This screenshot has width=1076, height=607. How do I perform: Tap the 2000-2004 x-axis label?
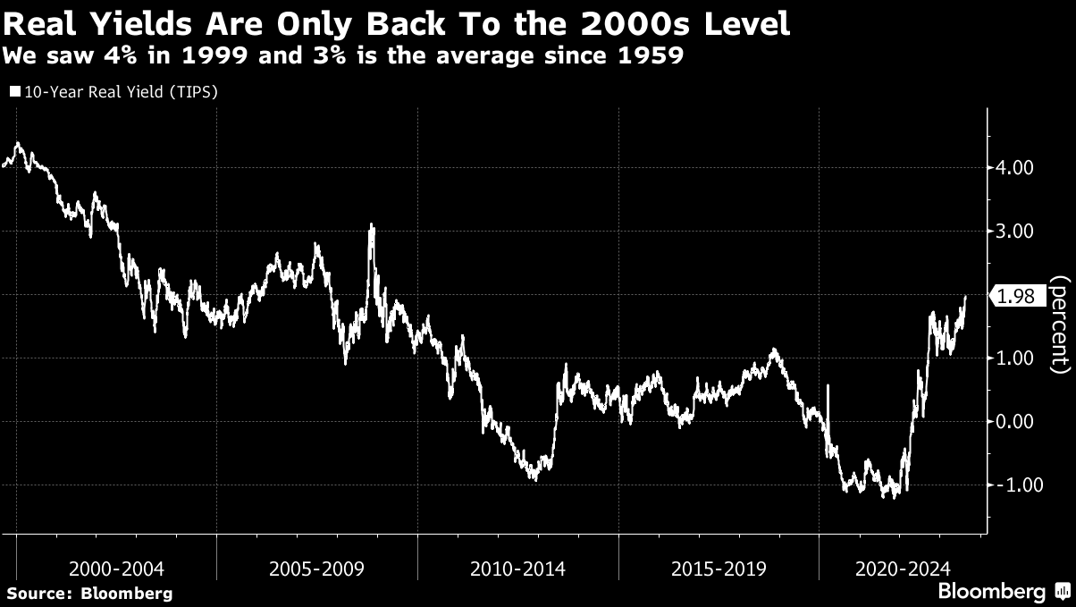coord(116,569)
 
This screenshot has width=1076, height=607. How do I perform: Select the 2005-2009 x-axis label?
coord(316,569)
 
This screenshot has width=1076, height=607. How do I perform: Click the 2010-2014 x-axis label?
coord(517,569)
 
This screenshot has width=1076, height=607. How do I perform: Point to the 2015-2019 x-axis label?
coord(719,569)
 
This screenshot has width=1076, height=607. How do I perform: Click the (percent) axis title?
coord(1060,324)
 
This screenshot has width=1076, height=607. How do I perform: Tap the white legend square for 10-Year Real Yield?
coord(15,91)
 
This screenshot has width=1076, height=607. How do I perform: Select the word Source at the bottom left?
coord(38,593)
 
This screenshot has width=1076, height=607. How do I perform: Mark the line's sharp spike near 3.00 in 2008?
coord(372,227)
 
